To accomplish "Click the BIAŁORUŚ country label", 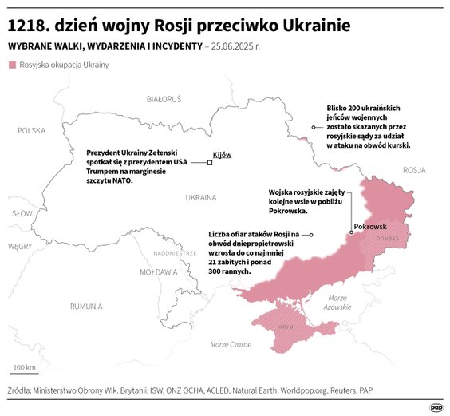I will pyautogui.click(x=164, y=99).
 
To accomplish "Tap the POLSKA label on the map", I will pyautogui.click(x=33, y=130).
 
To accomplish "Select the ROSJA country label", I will pyautogui.click(x=414, y=170).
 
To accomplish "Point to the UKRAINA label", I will pyautogui.click(x=200, y=197).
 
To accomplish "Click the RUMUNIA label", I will pyautogui.click(x=85, y=306).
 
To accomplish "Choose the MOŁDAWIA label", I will pyautogui.click(x=158, y=271).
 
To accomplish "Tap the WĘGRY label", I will pyautogui.click(x=19, y=247).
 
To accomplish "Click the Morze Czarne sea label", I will pyautogui.click(x=231, y=344).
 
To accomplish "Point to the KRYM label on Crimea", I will pyautogui.click(x=285, y=328).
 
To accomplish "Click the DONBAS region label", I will pyautogui.click(x=387, y=238).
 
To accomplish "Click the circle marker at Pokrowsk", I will pyautogui.click(x=350, y=233).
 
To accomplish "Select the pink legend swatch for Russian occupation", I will pyautogui.click(x=11, y=64).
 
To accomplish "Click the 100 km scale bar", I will pyautogui.click(x=25, y=374).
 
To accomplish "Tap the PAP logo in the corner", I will pyautogui.click(x=436, y=406).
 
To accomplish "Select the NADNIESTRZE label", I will pyautogui.click(x=175, y=252).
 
